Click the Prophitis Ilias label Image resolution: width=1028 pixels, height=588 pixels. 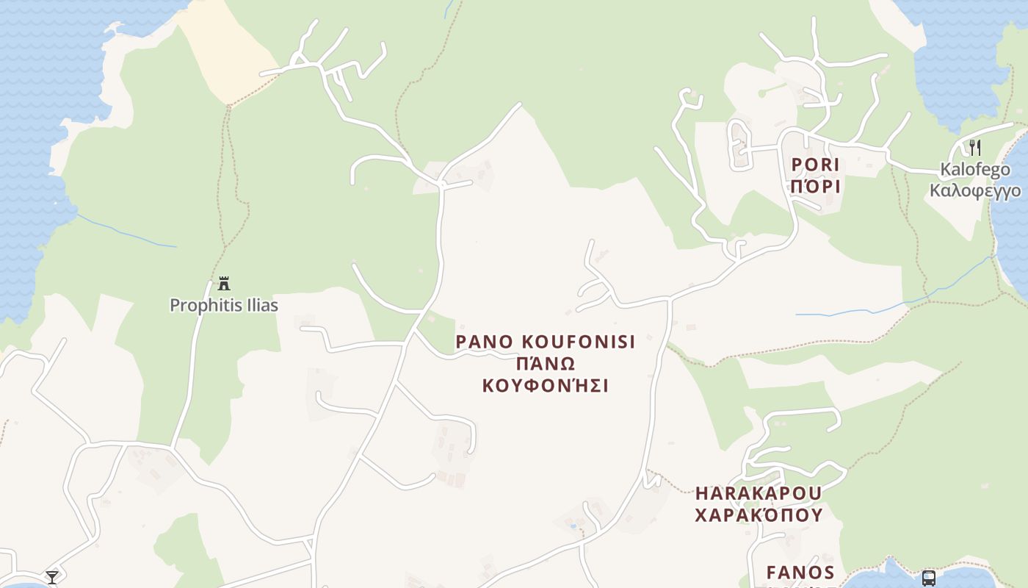(x=224, y=305)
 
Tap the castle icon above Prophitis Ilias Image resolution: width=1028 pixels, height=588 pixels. (x=224, y=284)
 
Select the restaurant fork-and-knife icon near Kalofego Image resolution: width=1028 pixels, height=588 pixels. (x=974, y=147)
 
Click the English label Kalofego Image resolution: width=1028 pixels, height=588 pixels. (x=974, y=171)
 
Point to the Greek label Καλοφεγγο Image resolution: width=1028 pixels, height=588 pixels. (x=974, y=191)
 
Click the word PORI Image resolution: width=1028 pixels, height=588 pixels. (x=815, y=165)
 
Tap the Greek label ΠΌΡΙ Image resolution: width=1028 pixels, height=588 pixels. (x=815, y=187)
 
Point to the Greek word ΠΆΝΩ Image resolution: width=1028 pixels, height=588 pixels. (x=545, y=364)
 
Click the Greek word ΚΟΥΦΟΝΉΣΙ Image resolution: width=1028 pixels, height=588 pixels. (x=545, y=386)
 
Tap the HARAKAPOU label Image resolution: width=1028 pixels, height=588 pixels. (x=759, y=492)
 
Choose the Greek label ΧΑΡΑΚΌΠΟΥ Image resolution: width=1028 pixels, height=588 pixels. (x=759, y=514)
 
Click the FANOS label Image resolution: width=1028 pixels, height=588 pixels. (x=800, y=572)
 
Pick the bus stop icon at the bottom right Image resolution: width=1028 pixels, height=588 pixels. (x=928, y=578)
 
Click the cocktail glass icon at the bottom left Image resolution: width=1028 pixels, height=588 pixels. (x=52, y=577)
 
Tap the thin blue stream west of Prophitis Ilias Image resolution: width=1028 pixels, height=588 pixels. (x=125, y=232)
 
